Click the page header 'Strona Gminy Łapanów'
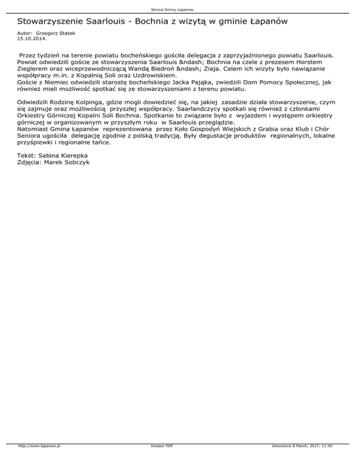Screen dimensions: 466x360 (x=180, y=9)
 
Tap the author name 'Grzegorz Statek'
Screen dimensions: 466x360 (x=54, y=34)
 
